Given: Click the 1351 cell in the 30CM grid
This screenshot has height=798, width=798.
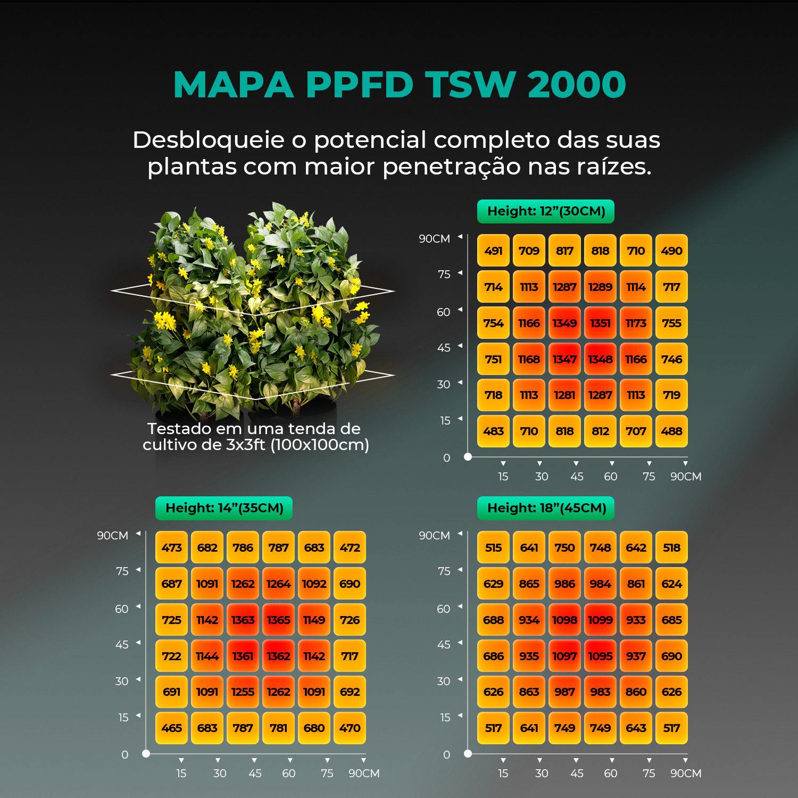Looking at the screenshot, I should [600, 323].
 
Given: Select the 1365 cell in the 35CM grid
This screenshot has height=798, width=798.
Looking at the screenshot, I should [278, 620].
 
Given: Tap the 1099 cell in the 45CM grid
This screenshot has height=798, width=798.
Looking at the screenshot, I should [600, 620].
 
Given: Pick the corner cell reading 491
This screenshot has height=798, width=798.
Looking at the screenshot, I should [493, 251].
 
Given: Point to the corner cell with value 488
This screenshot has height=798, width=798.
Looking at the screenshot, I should [671, 431].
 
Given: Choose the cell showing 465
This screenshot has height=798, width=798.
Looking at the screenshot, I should [171, 728].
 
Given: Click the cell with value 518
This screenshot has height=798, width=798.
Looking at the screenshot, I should [671, 547].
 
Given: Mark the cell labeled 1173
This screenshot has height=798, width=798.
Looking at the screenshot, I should [636, 323].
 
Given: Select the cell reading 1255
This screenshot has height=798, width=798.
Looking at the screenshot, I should [243, 692].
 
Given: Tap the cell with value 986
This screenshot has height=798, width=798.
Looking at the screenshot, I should [564, 584].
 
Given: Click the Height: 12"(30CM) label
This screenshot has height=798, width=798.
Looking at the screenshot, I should [546, 211].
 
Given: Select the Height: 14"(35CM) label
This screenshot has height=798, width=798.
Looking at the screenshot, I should [224, 508].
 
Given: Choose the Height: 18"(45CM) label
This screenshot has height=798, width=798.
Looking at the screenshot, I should [546, 508].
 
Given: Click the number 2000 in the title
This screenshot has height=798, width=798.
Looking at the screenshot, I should [577, 85].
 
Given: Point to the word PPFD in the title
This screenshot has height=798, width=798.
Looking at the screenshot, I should [360, 85].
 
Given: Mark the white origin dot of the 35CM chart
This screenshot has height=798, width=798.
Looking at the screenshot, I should [146, 753].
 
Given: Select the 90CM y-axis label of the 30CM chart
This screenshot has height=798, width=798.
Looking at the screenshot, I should [434, 239].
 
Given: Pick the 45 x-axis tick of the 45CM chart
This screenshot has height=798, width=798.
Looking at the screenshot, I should [577, 773].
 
